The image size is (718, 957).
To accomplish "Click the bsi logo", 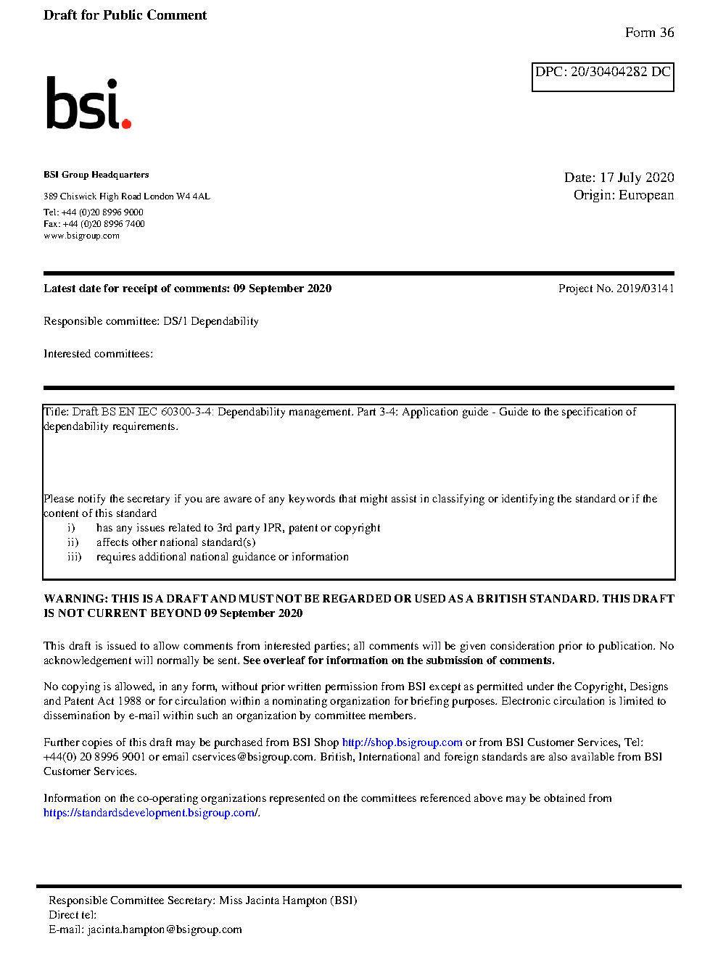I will click(x=88, y=104).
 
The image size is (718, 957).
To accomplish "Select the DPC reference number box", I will click(x=603, y=77).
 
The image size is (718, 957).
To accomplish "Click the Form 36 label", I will click(x=649, y=33).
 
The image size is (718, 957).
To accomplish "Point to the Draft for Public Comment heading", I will click(x=125, y=15).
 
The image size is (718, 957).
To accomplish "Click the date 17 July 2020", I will click(x=637, y=178).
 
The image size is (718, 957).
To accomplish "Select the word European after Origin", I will click(x=646, y=195).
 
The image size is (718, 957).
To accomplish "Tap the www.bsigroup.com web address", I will click(x=81, y=236).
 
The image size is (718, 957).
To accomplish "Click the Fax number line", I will click(x=94, y=224).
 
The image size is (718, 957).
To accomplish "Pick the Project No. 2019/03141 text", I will click(x=616, y=289).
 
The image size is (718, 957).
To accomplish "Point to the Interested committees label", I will click(x=98, y=354).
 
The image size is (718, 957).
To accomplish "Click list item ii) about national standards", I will click(x=176, y=542).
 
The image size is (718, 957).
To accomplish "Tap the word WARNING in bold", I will click(x=75, y=599).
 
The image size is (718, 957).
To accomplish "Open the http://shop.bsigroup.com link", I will click(x=402, y=742).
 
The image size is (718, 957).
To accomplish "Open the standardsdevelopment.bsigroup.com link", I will click(x=150, y=813).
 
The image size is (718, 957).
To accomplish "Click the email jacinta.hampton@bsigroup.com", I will click(x=165, y=929).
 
